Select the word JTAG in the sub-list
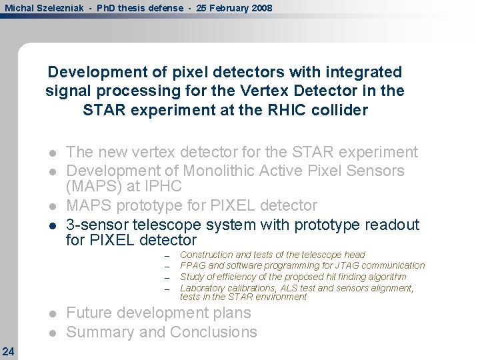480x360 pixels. click(341, 266)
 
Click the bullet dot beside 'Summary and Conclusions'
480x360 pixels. click(53, 333)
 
